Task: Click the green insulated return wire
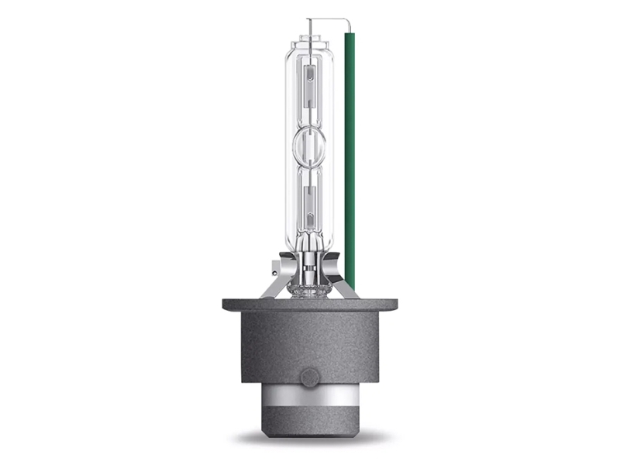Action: pyautogui.click(x=350, y=155)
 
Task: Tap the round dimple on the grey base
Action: pyautogui.click(x=308, y=378)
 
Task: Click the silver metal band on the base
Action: pyautogui.click(x=309, y=400)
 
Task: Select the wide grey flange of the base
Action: pyautogui.click(x=309, y=304)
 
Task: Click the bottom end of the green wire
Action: pyautogui.click(x=350, y=285)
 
